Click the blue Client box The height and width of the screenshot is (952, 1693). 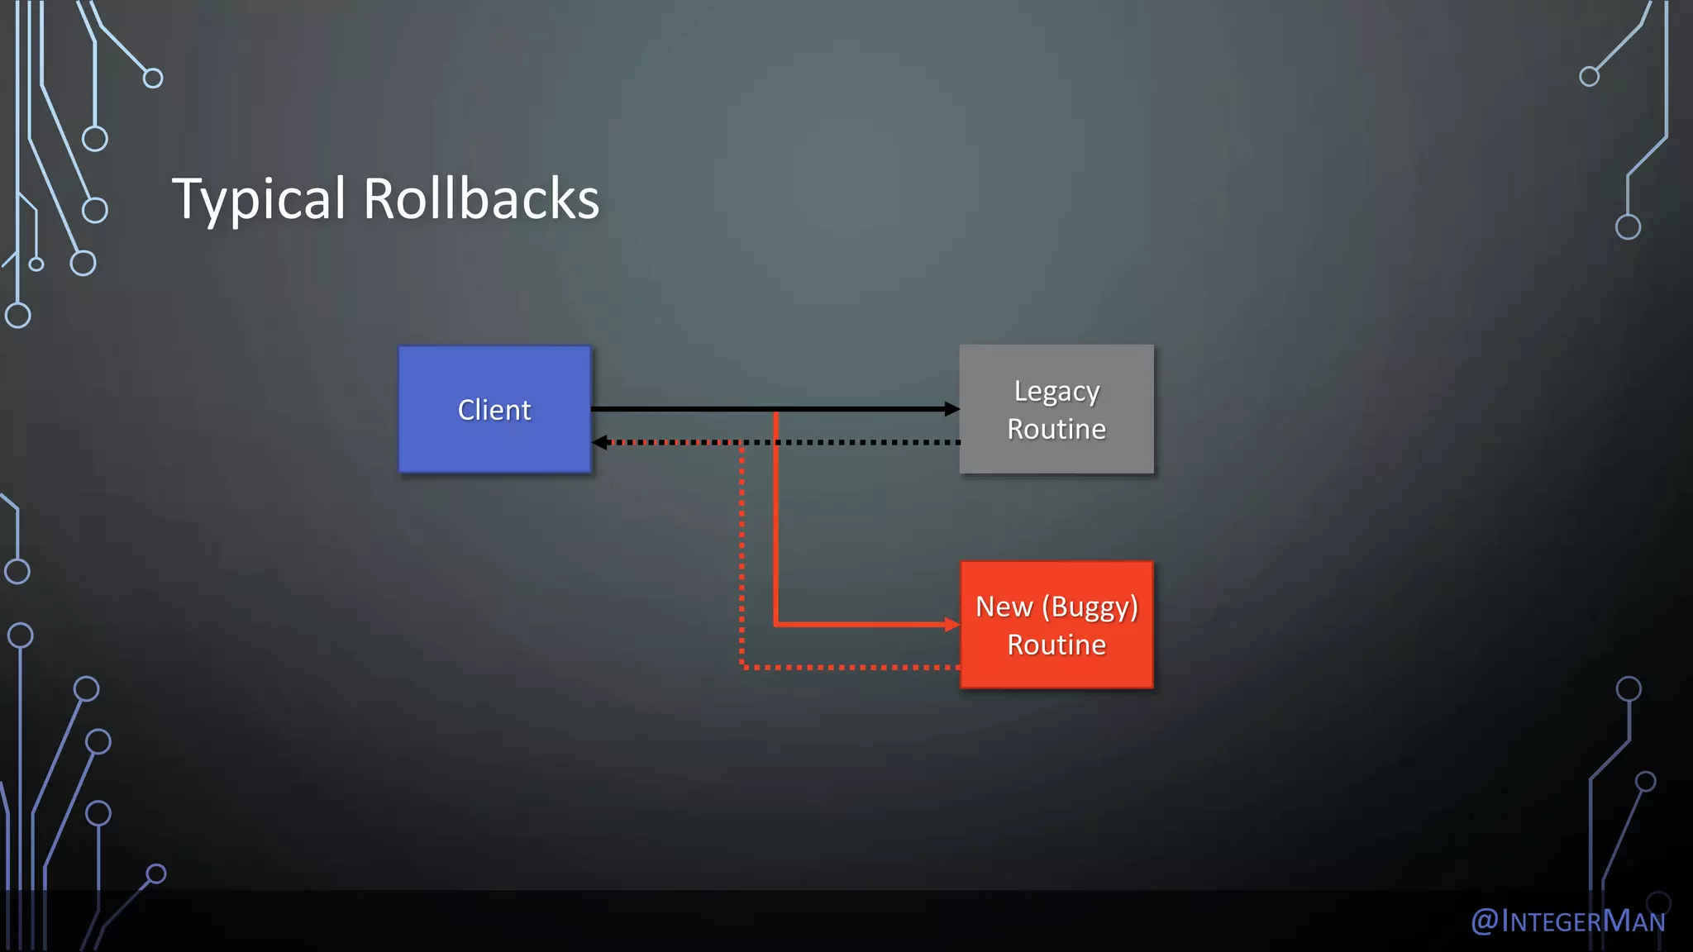tap(494, 409)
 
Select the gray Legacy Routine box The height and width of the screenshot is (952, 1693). tap(1056, 409)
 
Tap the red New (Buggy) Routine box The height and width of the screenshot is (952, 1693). tap(1056, 625)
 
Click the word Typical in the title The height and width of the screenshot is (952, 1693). tap(259, 199)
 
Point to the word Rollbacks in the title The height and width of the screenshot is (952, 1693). tap(481, 199)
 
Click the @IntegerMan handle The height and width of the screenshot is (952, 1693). tap(1567, 921)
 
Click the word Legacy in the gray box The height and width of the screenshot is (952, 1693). tap(1056, 391)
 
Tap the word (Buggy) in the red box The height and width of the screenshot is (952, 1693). tap(1090, 607)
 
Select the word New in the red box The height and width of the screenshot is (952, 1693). tap(1004, 607)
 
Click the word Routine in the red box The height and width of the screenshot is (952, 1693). tap(1056, 645)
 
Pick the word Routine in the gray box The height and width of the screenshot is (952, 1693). tap(1056, 429)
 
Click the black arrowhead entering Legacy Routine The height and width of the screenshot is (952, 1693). tap(952, 409)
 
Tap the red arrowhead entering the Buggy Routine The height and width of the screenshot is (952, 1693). tap(952, 625)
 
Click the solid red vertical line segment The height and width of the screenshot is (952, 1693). tap(775, 529)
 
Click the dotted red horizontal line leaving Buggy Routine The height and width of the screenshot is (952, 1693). tap(851, 667)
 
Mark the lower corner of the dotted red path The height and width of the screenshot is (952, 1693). tap(742, 666)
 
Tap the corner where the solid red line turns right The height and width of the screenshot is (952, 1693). tap(775, 624)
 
